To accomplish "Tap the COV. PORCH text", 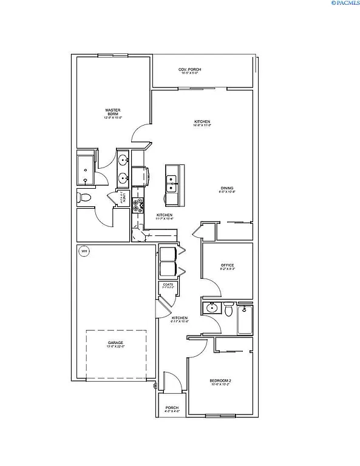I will click(189, 70).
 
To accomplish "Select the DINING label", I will click(226, 189).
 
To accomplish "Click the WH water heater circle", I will click(84, 251).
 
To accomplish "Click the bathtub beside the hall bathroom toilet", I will click(245, 319).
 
